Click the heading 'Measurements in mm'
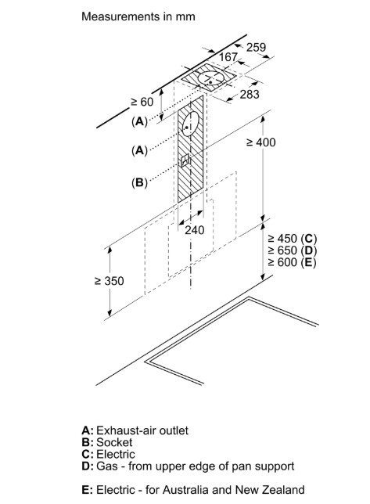point(138,16)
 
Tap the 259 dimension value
point(257,47)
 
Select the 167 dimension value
point(228,57)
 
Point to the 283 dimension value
point(250,94)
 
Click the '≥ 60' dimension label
point(142,102)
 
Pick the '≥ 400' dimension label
point(260,142)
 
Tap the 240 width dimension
point(194,230)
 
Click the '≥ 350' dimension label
point(110,281)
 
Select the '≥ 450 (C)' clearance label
point(293,239)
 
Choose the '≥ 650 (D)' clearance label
point(293,250)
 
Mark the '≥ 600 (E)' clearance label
point(292,262)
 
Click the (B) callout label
point(139,182)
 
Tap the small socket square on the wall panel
point(185,160)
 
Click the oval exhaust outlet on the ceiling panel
point(210,78)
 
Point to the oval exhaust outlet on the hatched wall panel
point(191,124)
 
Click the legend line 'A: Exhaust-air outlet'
point(135,430)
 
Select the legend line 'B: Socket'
point(107,443)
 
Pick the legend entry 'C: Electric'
point(108,455)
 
